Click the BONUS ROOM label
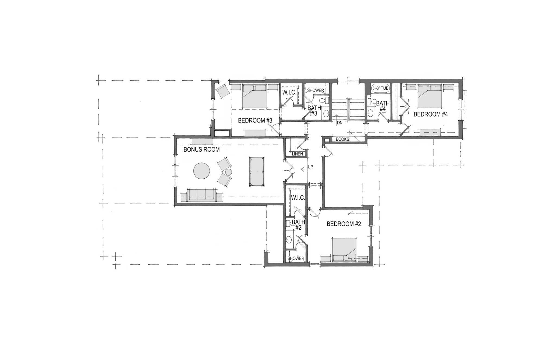[201, 149]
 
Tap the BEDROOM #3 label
[255, 120]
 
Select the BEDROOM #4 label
[431, 114]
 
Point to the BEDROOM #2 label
[344, 224]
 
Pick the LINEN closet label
[297, 154]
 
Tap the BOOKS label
[342, 139]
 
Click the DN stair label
[339, 123]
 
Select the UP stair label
[311, 167]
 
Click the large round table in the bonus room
[201, 171]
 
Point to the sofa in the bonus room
[201, 195]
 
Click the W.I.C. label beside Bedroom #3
[289, 92]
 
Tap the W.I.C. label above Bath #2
[298, 198]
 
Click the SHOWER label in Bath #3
[315, 90]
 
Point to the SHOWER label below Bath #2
[296, 258]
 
